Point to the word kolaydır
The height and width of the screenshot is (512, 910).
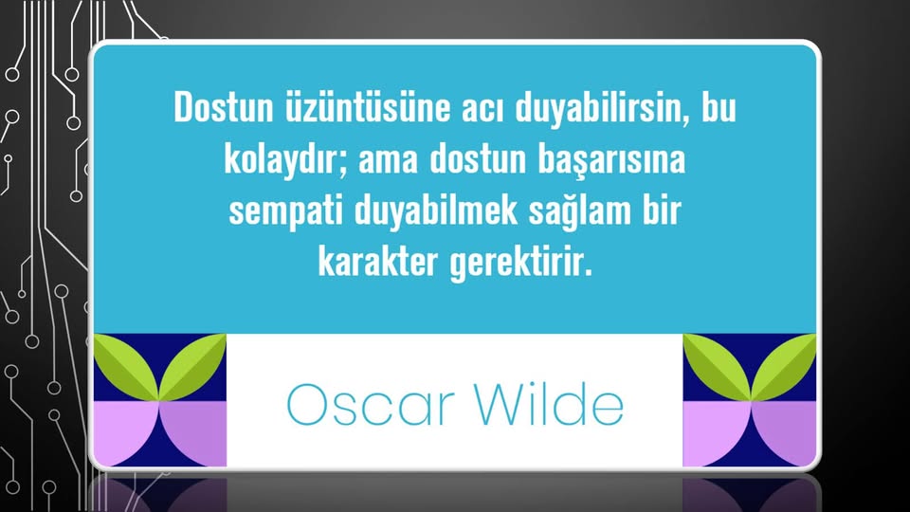pos(285,159)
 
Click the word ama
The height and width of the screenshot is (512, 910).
pos(389,161)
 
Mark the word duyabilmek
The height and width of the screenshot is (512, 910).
pos(436,211)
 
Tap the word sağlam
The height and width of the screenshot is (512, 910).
pos(580,211)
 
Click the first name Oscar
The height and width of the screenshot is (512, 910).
pos(371,405)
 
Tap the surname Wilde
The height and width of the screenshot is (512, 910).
pos(550,404)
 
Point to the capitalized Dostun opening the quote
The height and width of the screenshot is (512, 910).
pos(224,107)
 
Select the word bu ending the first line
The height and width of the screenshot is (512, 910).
pos(719,107)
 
